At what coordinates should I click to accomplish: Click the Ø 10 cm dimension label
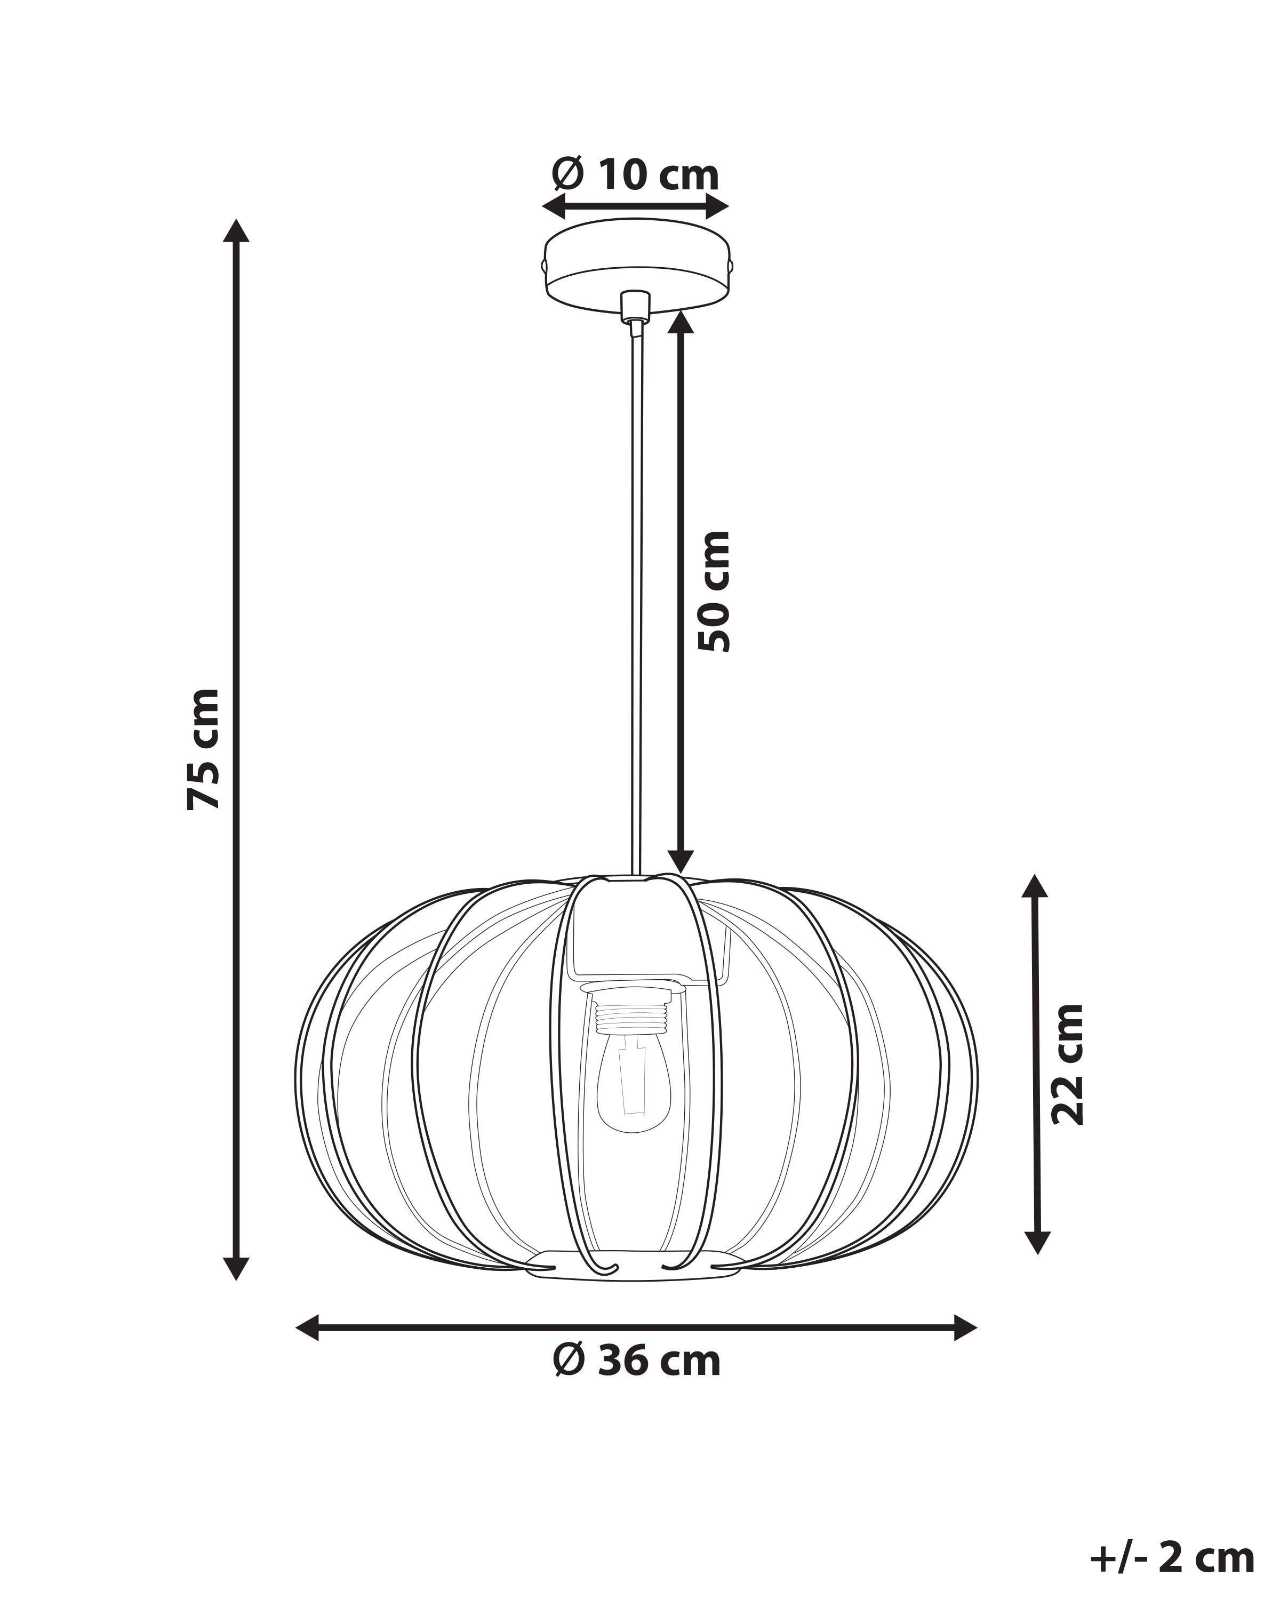pos(636,175)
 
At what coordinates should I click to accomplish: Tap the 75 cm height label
pos(203,749)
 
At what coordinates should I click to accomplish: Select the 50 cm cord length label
pos(715,591)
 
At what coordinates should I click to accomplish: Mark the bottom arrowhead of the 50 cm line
pos(681,861)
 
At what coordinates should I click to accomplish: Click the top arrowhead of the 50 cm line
pos(681,322)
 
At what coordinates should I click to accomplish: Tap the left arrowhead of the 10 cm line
pos(554,206)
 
